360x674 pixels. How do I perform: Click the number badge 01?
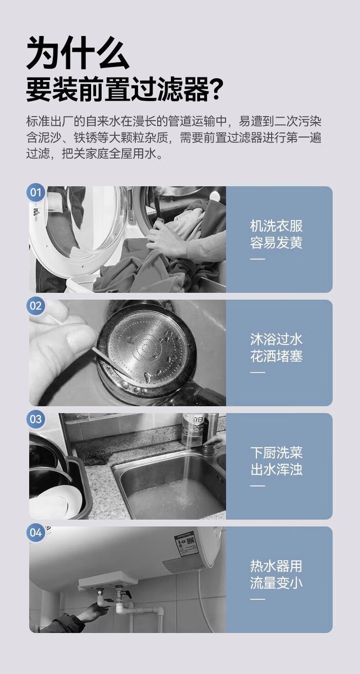click(36, 192)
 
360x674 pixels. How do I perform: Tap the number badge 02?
click(36, 306)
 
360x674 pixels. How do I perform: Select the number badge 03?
click(36, 419)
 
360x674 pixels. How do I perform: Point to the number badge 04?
click(36, 532)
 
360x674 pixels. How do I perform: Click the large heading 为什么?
click(78, 53)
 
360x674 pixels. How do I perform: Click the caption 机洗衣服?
click(276, 226)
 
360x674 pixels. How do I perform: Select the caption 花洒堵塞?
click(276, 356)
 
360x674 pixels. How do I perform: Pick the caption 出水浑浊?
click(276, 470)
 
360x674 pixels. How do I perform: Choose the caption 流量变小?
click(276, 583)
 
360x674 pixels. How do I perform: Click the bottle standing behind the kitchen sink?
click(193, 429)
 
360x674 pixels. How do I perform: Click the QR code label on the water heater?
click(186, 544)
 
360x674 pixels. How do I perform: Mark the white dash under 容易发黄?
click(257, 259)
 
